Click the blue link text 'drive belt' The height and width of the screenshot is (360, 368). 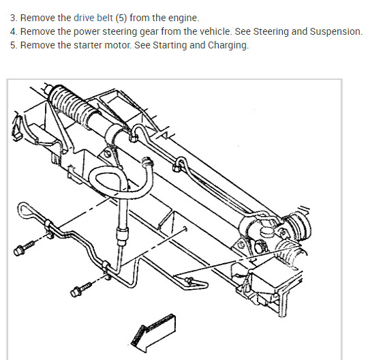click(93, 18)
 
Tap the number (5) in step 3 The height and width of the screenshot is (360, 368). click(121, 18)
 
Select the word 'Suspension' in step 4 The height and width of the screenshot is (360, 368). click(336, 31)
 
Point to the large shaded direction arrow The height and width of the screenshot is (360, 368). click(154, 333)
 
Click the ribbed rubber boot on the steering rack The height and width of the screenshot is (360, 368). click(74, 103)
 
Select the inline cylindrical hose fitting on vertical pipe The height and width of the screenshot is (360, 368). click(122, 236)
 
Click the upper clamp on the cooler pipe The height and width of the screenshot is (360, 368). click(48, 226)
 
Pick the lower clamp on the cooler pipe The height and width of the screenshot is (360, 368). click(106, 269)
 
